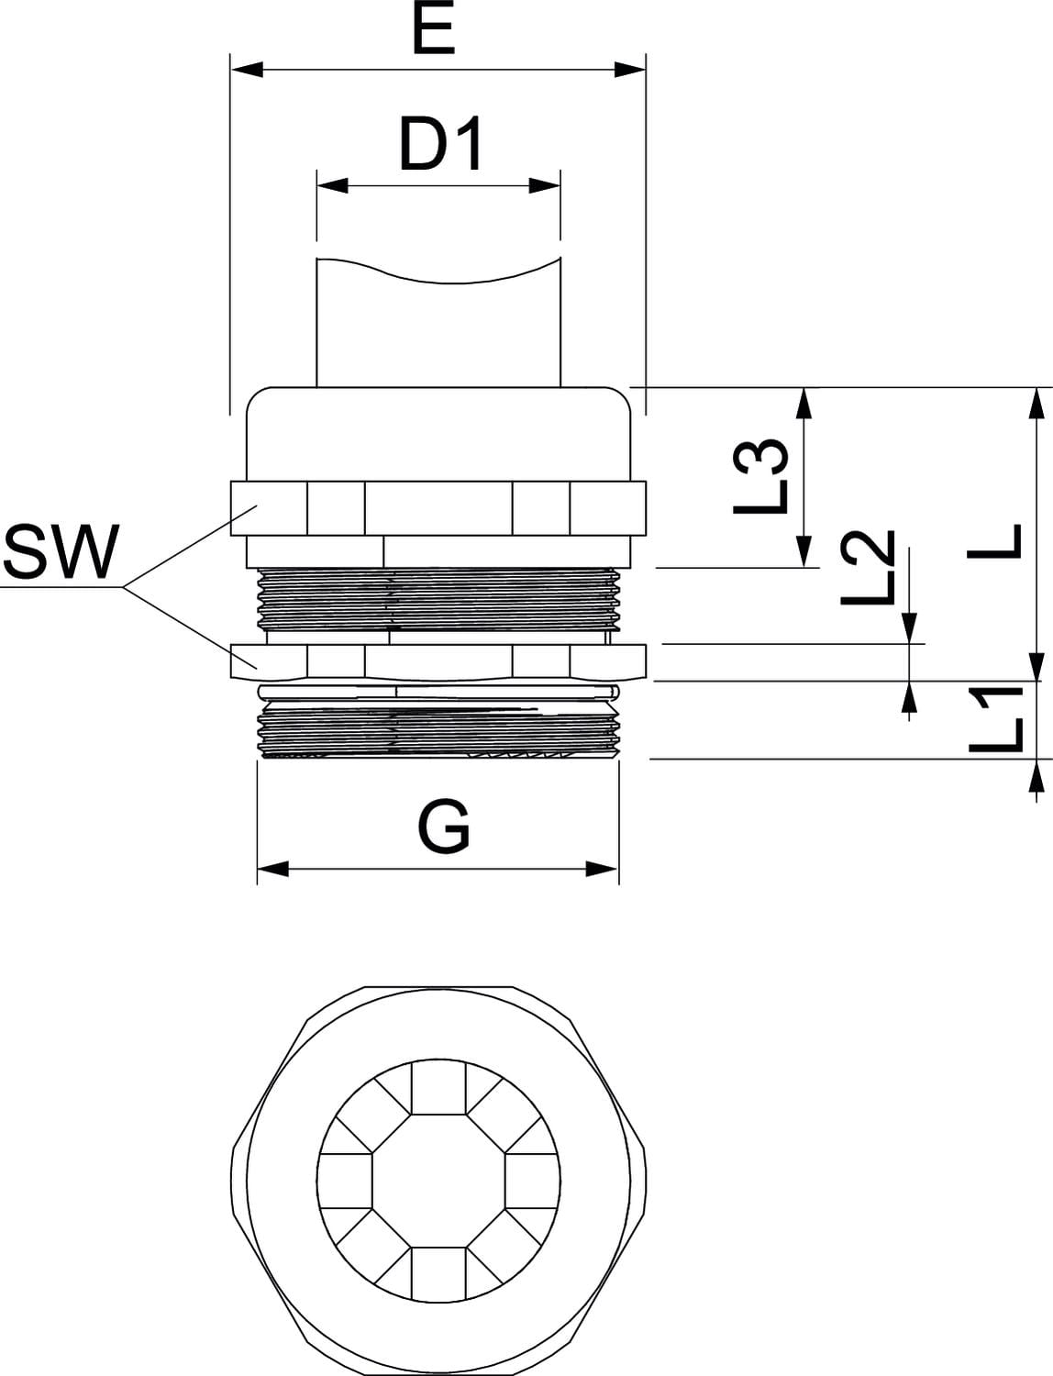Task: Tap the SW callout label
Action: tap(61, 553)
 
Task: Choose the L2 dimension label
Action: tap(867, 569)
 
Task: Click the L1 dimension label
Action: tap(996, 721)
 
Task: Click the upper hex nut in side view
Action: tap(438, 507)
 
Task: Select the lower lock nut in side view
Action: tap(438, 660)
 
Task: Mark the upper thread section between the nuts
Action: tap(438, 599)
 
